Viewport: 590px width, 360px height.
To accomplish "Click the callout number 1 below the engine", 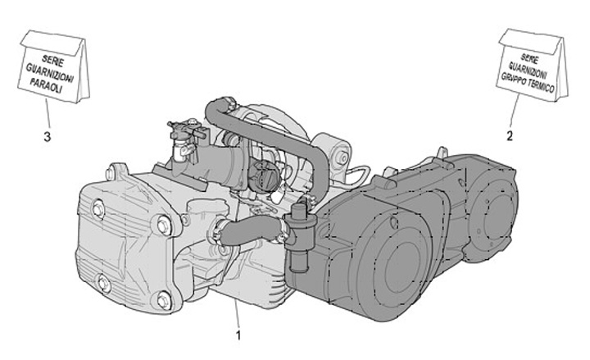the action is (238, 335).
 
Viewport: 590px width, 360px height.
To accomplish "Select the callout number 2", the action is (510, 136).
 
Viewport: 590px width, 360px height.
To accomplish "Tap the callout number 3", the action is (47, 137).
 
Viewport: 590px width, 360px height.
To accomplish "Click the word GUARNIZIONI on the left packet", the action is (50, 73).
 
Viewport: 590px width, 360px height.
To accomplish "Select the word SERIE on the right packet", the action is (529, 58).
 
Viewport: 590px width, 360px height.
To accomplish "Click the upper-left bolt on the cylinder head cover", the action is (98, 209).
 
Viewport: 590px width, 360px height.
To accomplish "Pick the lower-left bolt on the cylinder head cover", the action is (102, 282).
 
